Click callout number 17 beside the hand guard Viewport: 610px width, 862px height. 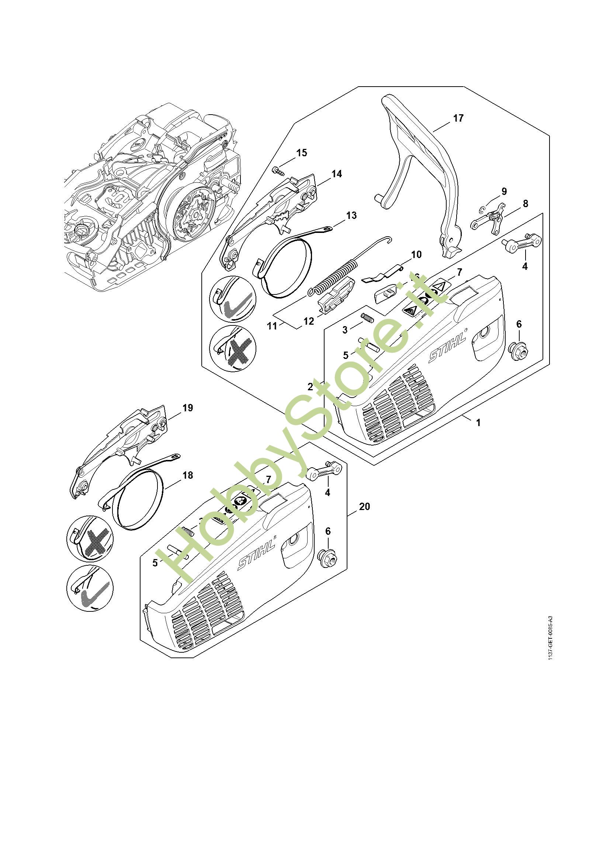(458, 118)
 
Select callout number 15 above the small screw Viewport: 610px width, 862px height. (302, 153)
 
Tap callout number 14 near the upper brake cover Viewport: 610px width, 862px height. (337, 174)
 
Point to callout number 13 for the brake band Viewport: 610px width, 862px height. (351, 216)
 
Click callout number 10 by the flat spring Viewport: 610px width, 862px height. (416, 254)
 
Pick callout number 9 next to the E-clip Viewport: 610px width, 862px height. (504, 191)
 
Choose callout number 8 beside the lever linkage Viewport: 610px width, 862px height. (525, 203)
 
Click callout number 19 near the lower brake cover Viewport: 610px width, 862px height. (187, 408)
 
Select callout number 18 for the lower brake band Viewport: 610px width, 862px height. (187, 475)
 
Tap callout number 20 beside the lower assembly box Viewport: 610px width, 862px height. (364, 506)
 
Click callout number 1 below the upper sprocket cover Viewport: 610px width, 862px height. (478, 423)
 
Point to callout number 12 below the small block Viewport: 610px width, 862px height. (309, 321)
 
